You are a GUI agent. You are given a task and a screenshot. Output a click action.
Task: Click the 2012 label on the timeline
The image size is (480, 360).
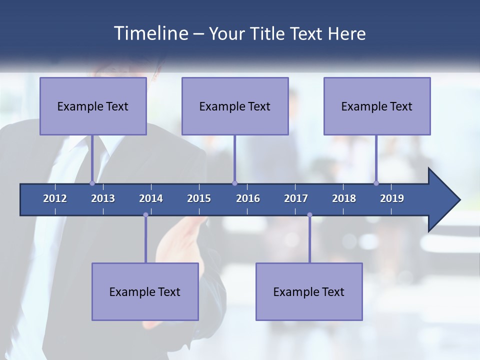tap(55, 198)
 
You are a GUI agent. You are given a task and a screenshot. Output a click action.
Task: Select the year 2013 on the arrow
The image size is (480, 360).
tap(103, 198)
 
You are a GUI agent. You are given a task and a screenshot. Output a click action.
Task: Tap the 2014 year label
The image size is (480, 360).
tap(151, 198)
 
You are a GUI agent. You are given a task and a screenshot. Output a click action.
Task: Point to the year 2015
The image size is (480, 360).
tap(199, 198)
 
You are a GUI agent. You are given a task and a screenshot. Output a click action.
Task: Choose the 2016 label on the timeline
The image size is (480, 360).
tap(248, 198)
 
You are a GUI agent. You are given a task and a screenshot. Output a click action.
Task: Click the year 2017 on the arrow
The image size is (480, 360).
tap(296, 198)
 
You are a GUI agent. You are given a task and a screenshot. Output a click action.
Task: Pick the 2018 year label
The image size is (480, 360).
tap(344, 198)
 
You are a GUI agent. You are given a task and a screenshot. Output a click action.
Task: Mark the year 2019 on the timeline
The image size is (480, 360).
tap(392, 198)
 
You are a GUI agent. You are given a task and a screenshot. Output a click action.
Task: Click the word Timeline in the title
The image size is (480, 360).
tap(150, 33)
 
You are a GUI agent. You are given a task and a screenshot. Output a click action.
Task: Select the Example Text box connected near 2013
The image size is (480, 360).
tap(93, 106)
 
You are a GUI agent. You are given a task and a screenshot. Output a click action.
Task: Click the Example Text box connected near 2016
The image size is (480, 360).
tap(235, 106)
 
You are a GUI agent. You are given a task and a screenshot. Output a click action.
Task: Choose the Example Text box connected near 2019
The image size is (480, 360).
tap(377, 106)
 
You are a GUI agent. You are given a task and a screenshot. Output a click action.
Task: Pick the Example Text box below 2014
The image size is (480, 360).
tap(145, 291)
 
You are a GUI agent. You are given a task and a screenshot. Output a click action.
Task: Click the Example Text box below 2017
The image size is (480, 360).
tap(309, 291)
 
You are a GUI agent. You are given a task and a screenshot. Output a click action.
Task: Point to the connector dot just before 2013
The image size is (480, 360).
tap(92, 183)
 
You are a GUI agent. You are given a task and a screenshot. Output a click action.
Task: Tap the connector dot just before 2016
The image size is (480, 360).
tap(234, 183)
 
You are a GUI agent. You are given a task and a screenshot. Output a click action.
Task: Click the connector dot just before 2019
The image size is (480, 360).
tap(376, 183)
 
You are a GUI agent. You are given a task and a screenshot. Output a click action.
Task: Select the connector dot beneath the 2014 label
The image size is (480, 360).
tap(145, 215)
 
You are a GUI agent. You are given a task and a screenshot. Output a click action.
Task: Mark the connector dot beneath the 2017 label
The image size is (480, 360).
tap(309, 215)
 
